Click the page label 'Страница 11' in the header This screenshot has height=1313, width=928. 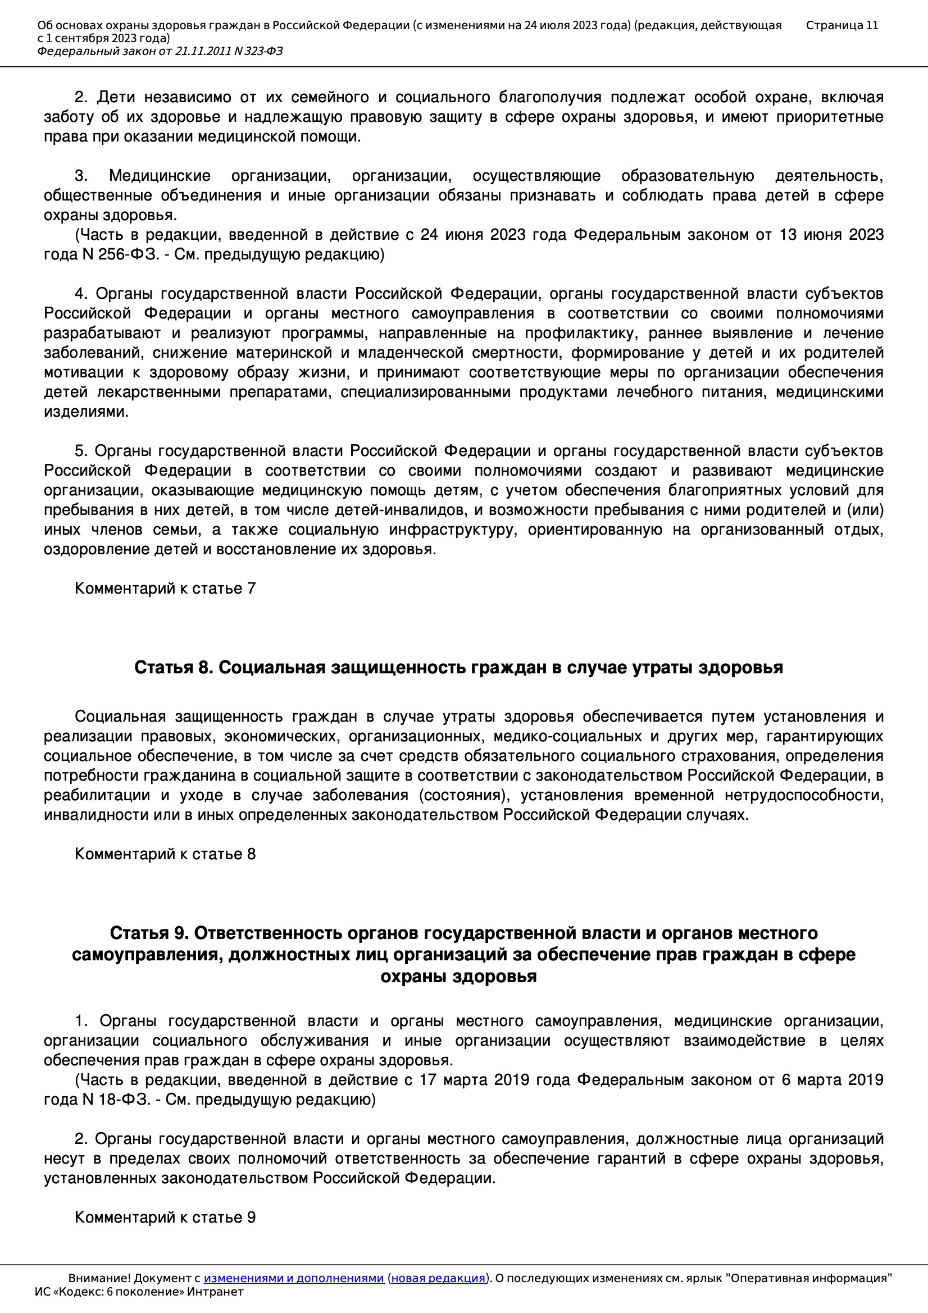pos(841,25)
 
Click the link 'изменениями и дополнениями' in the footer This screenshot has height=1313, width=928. pos(293,1278)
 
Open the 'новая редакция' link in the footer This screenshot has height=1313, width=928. pos(438,1278)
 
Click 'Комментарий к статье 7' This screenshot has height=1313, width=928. pos(165,589)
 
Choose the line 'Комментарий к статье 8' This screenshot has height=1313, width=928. pos(165,854)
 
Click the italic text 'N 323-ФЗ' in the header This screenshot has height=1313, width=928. pos(258,52)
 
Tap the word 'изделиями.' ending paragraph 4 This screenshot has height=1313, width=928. pos(86,412)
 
